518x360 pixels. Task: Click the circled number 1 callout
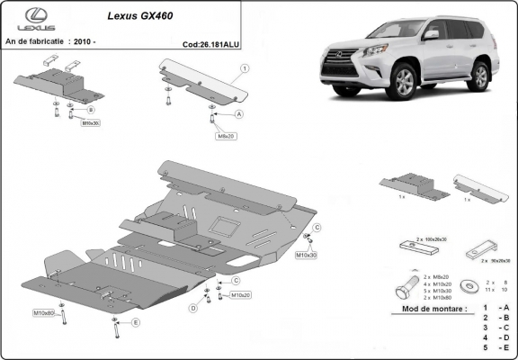(245, 68)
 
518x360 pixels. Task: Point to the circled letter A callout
(239, 115)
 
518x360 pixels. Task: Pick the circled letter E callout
(135, 321)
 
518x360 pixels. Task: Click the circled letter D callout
(192, 308)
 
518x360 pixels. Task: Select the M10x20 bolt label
(239, 294)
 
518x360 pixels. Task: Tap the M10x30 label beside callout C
(306, 256)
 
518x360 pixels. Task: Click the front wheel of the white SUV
(406, 84)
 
